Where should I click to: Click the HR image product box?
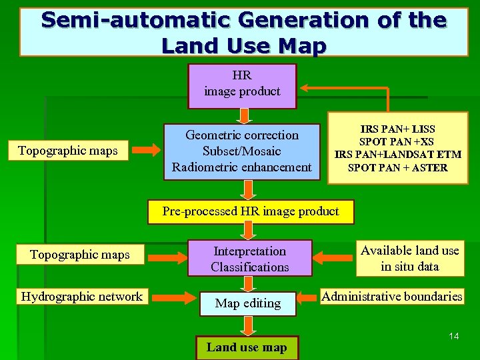242,85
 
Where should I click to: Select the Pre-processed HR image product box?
251,211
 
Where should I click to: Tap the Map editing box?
247,303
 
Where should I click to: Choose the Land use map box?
247,347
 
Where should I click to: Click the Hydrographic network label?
82,297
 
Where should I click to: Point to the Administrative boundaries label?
392,297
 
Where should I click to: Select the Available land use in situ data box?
409,258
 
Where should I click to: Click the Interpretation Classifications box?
249,259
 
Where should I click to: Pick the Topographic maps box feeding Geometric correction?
68,151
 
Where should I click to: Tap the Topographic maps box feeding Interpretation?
80,255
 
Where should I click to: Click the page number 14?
453,336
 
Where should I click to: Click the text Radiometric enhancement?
241,167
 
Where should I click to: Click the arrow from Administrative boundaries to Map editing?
306,297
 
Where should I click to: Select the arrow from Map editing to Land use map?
248,325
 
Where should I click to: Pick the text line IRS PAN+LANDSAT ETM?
397,155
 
